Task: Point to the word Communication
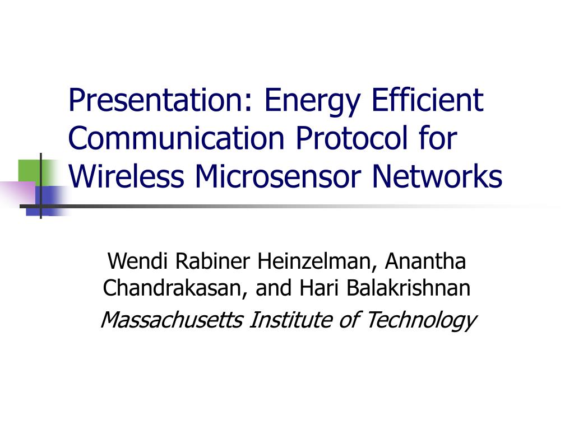pyautogui.click(x=178, y=138)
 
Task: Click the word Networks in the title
pyautogui.click(x=437, y=176)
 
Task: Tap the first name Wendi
pyautogui.click(x=138, y=260)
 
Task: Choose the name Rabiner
pyautogui.click(x=213, y=260)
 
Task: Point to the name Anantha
pyautogui.click(x=426, y=260)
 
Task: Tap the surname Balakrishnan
pyautogui.click(x=409, y=288)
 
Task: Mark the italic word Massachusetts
pyautogui.click(x=172, y=320)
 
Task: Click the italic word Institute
pyautogui.click(x=291, y=320)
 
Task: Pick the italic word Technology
pyautogui.click(x=421, y=321)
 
